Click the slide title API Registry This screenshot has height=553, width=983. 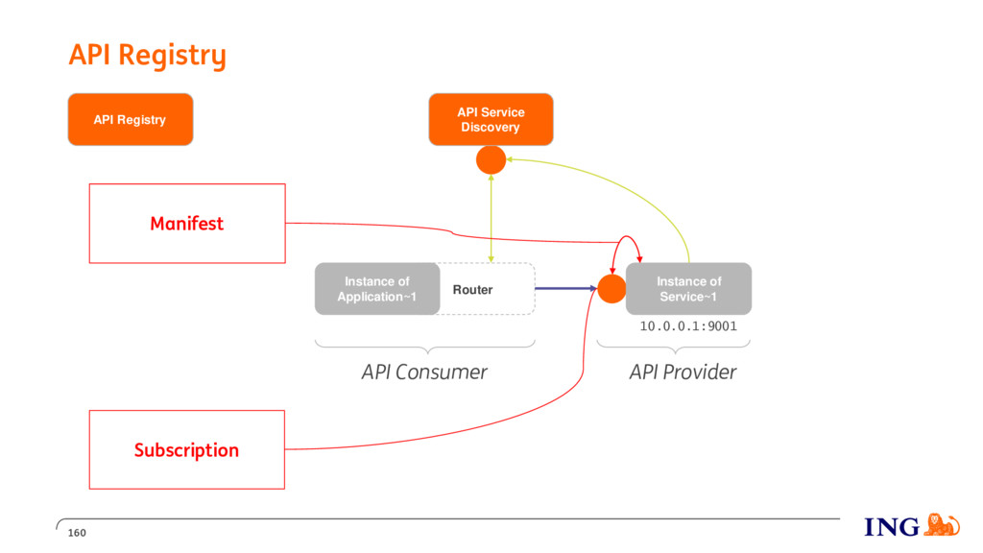click(147, 56)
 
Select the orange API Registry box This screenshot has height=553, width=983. click(131, 119)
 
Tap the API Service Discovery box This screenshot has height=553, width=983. click(491, 119)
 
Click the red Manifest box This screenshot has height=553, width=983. click(187, 223)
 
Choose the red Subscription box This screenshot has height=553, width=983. click(187, 449)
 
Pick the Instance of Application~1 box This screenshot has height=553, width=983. click(377, 288)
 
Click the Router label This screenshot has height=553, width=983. click(472, 290)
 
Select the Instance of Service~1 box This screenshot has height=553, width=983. click(688, 288)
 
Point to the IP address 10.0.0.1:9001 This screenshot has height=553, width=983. click(688, 326)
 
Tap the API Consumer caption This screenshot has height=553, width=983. click(424, 372)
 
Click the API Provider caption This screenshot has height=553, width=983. click(683, 372)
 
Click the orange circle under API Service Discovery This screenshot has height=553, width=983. click(491, 160)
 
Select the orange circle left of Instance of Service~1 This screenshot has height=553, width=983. click(611, 289)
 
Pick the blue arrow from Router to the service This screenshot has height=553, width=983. click(565, 288)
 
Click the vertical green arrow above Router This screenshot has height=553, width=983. click(491, 218)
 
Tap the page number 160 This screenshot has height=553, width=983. click(77, 533)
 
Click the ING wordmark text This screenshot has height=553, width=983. click(892, 527)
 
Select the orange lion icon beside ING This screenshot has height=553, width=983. click(941, 524)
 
